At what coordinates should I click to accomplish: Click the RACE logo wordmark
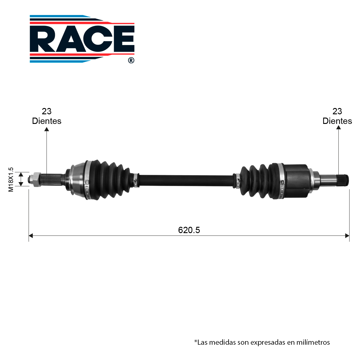[x=82, y=39]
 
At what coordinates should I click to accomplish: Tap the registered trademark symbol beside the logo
[x=131, y=60]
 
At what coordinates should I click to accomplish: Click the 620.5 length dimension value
[x=189, y=230]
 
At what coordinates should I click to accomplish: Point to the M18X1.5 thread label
[x=11, y=179]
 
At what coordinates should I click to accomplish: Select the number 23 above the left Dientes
[x=46, y=111]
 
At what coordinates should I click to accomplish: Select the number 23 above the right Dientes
[x=337, y=111]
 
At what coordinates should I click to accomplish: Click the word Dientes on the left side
[x=47, y=121]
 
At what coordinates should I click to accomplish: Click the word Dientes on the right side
[x=337, y=121]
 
